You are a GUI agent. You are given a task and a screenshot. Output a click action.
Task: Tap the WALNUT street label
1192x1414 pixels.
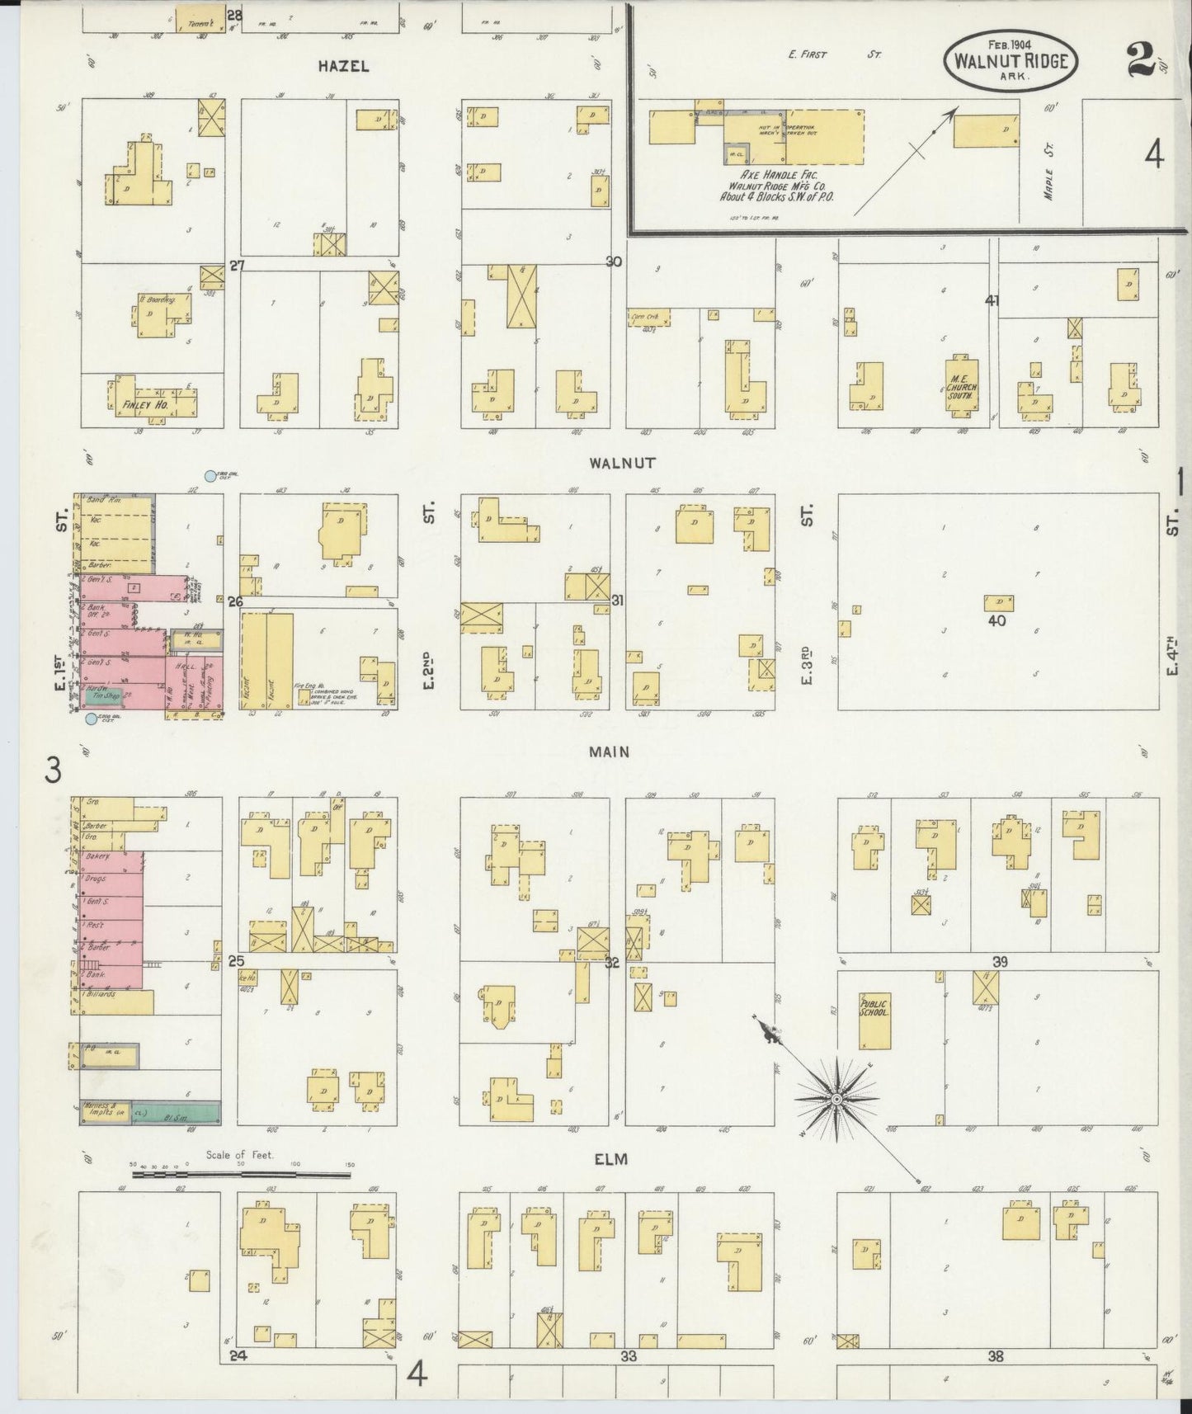tap(622, 463)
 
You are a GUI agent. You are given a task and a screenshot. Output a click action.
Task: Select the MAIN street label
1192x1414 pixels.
tap(610, 752)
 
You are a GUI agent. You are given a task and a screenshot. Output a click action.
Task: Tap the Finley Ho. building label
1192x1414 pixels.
tap(145, 405)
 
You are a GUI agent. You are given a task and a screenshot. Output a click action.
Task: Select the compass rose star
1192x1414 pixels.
tap(836, 1099)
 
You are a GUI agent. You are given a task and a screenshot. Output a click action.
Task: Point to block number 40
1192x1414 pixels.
tap(997, 620)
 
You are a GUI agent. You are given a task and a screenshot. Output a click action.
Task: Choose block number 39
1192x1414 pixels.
tap(1001, 962)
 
